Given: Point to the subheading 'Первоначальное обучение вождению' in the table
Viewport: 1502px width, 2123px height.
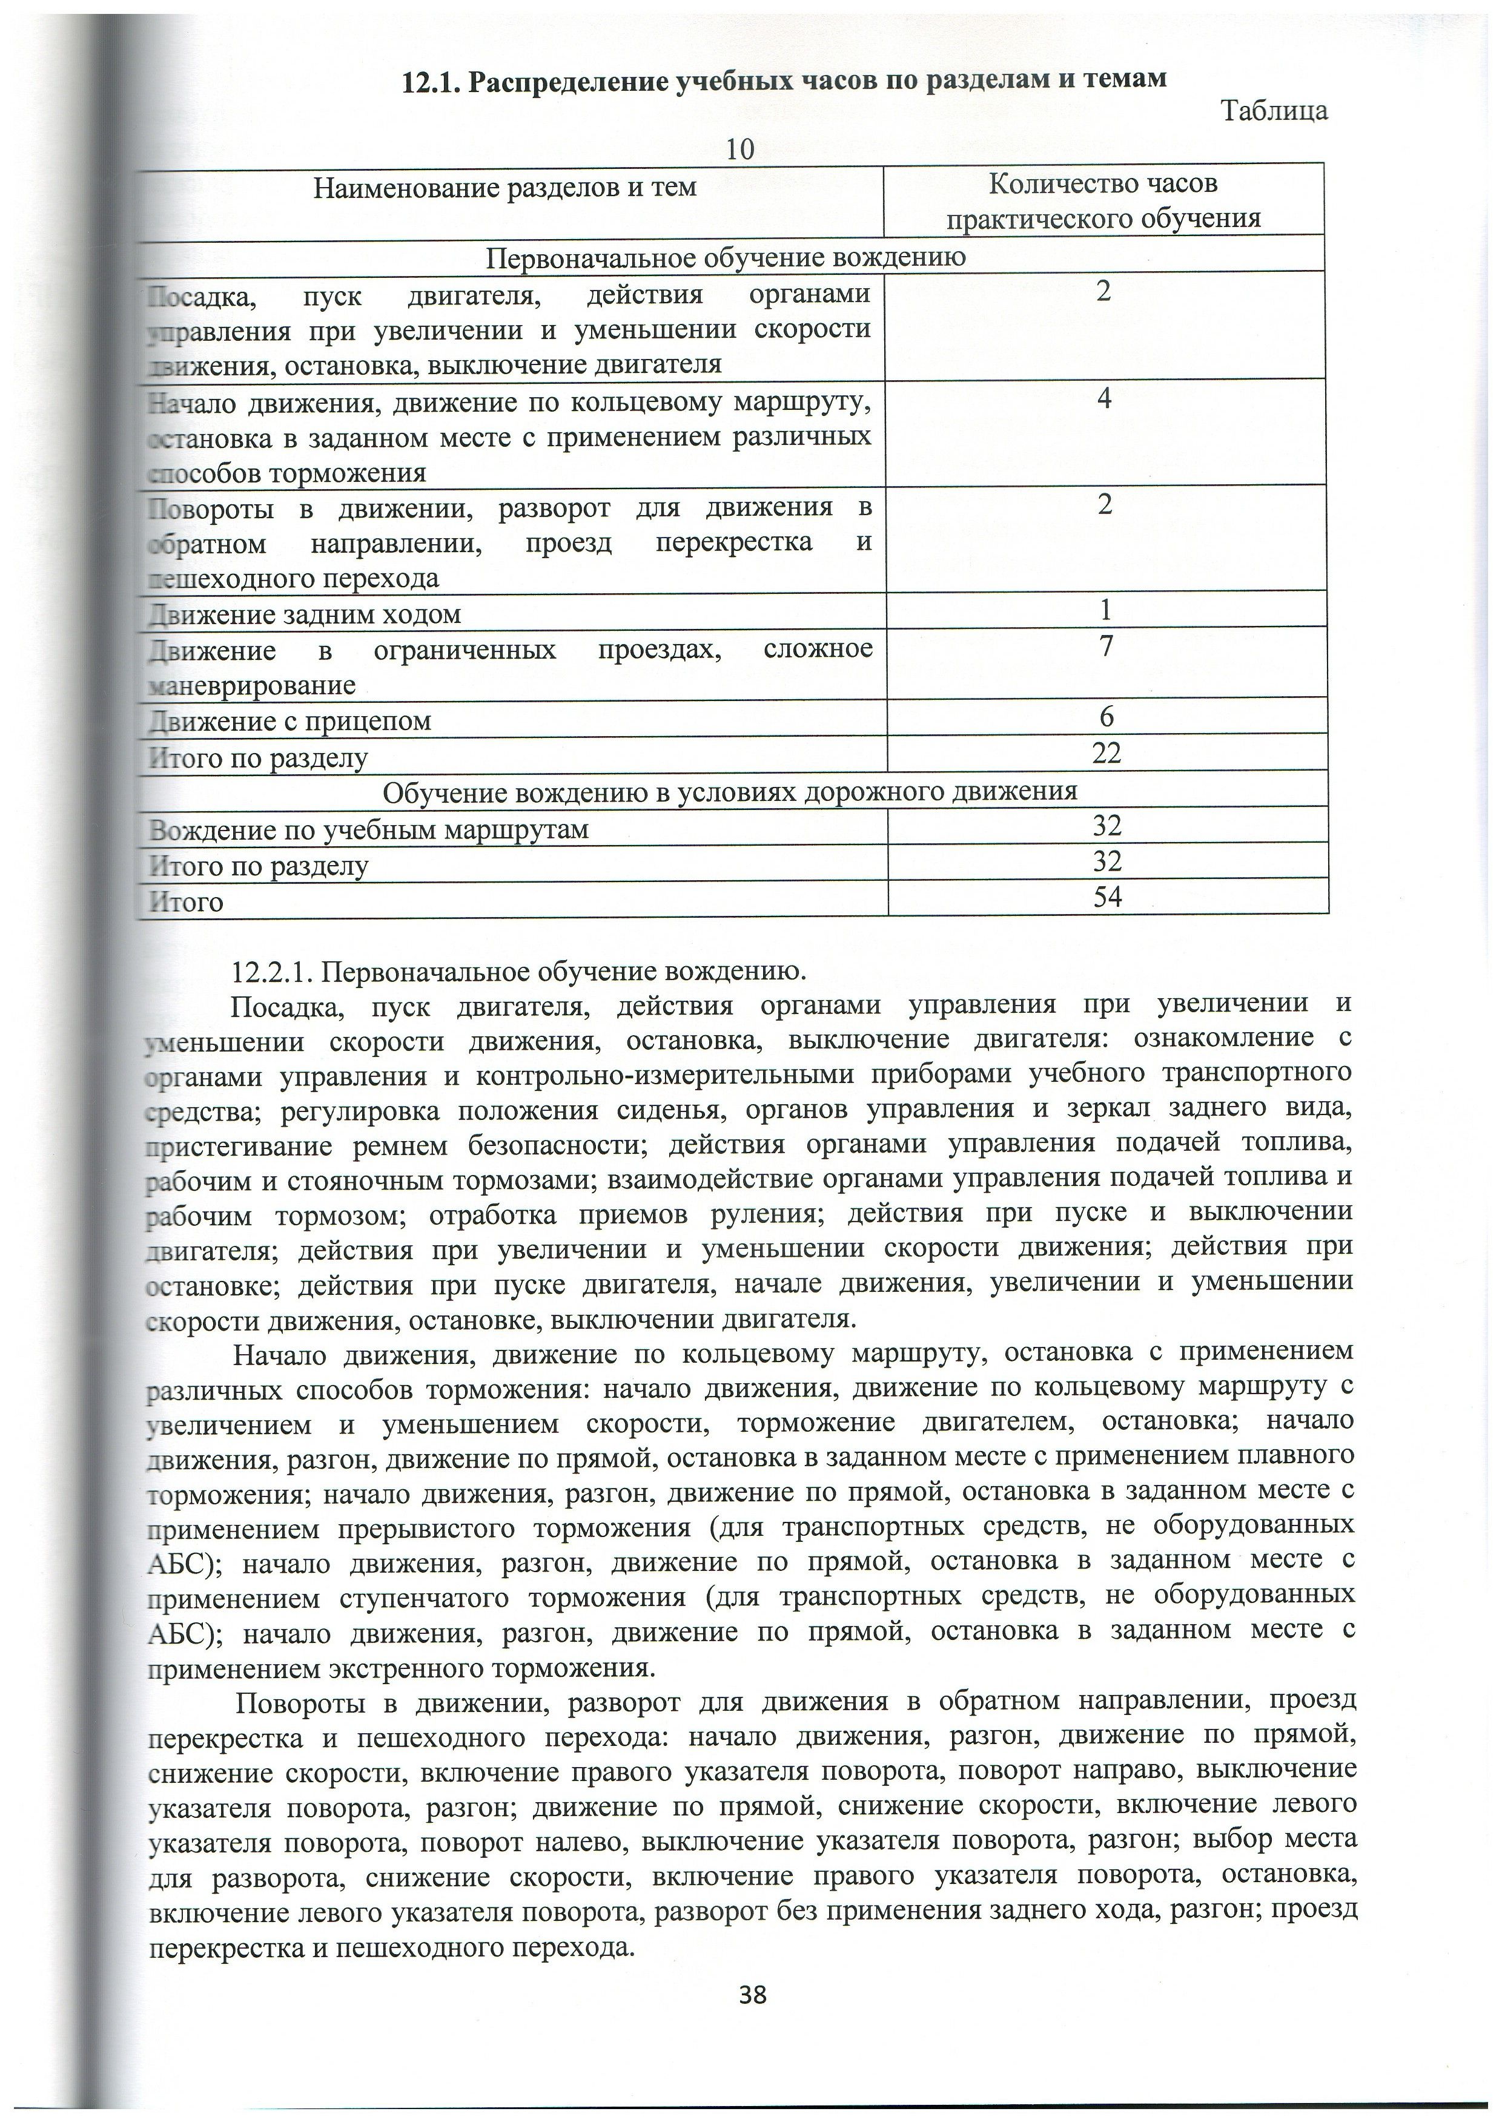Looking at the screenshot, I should coord(726,257).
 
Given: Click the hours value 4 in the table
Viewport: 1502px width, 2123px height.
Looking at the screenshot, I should coord(1104,398).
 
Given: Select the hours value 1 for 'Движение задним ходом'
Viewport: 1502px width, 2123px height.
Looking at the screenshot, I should coord(1105,610).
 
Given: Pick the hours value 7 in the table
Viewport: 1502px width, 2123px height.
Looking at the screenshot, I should coord(1105,645).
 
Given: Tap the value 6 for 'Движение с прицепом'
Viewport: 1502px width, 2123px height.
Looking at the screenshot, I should coord(1106,717).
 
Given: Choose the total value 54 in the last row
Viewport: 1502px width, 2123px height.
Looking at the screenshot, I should coord(1107,895).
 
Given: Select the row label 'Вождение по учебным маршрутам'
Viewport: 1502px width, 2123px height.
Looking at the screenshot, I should coord(369,829).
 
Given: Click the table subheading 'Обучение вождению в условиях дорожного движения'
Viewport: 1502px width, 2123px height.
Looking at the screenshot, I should coord(730,791).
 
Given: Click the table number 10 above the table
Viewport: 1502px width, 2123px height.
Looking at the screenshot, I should coord(740,149).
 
